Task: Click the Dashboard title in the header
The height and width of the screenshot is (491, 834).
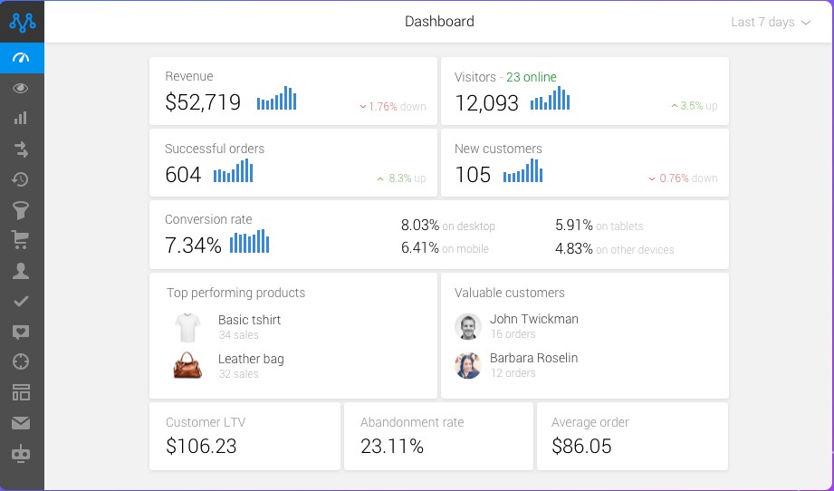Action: (x=439, y=22)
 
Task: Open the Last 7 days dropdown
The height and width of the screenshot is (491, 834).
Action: (x=770, y=23)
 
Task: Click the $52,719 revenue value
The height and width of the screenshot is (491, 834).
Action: (x=203, y=102)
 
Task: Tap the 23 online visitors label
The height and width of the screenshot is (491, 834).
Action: (x=532, y=77)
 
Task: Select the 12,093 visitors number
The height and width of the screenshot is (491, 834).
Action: (x=487, y=102)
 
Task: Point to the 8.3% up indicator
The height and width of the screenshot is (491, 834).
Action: (x=401, y=178)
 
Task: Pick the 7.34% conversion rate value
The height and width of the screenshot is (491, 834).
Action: (x=193, y=246)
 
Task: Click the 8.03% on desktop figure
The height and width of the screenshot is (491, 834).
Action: (x=448, y=226)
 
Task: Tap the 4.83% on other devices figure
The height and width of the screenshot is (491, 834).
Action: (x=614, y=249)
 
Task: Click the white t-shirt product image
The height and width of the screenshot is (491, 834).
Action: (x=187, y=326)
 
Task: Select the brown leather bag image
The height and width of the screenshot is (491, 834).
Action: (x=187, y=365)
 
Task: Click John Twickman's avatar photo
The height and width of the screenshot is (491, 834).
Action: (x=468, y=326)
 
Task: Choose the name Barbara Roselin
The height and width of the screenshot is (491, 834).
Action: (x=533, y=358)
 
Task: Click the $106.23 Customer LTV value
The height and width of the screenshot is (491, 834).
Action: (x=201, y=446)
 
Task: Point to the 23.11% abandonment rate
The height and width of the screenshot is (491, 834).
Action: (x=391, y=446)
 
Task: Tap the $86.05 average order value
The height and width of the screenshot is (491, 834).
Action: (x=581, y=446)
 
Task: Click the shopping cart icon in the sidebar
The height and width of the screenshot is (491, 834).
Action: (x=21, y=239)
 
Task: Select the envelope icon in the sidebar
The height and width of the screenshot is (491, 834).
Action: (x=21, y=422)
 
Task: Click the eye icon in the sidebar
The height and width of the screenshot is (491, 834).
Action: (x=21, y=88)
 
